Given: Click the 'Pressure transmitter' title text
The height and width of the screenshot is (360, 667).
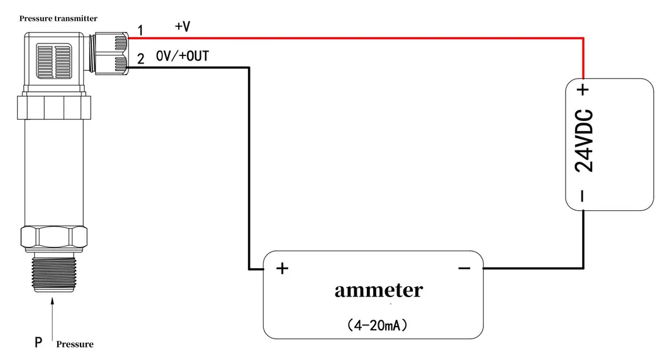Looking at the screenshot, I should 58,19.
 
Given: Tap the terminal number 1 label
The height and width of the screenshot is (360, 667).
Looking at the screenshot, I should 140,30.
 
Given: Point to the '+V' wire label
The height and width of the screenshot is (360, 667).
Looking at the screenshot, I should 182,26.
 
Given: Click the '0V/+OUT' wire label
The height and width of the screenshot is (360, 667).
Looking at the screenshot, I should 182,57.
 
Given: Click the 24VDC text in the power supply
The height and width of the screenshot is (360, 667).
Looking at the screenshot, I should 585,142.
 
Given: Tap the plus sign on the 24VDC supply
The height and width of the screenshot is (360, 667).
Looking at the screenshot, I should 584,89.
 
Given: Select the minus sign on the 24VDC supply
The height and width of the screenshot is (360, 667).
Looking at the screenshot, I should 583,196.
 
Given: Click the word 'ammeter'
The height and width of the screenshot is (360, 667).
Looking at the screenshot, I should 378,290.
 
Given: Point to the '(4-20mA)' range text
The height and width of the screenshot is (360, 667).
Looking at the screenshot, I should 378,325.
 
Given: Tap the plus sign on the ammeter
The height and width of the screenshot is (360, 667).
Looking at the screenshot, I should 283,269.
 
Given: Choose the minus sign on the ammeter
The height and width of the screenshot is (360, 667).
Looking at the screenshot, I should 464,269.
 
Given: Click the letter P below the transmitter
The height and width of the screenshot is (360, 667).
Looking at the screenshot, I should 38,343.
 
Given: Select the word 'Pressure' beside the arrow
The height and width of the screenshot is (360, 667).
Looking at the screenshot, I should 75,344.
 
